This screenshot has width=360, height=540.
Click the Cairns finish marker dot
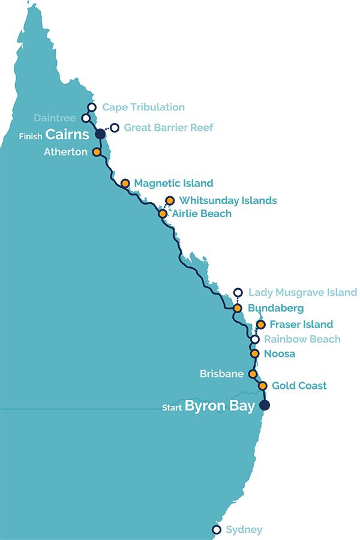click(x=100, y=134)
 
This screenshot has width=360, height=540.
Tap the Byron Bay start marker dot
click(x=264, y=406)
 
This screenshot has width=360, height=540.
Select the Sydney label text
click(x=244, y=530)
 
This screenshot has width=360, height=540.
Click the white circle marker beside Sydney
click(x=216, y=530)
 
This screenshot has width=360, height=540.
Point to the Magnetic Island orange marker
click(x=125, y=183)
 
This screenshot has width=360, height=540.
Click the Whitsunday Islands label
click(x=228, y=200)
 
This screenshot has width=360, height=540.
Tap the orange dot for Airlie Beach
click(x=162, y=213)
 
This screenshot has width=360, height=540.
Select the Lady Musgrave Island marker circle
click(x=238, y=293)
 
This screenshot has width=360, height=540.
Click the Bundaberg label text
click(x=275, y=308)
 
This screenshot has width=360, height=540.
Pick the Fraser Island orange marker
click(x=260, y=325)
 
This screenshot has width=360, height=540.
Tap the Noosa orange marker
click(x=254, y=353)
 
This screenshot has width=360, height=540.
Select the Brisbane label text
click(x=221, y=374)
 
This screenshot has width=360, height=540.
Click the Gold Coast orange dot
click(x=262, y=386)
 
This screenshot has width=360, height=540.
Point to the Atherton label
click(x=66, y=152)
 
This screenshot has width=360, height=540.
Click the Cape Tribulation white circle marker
click(x=92, y=107)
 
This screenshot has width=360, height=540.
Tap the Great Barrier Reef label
click(x=168, y=127)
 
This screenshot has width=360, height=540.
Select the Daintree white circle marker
click(x=86, y=118)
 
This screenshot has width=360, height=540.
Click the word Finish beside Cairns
click(x=31, y=136)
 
